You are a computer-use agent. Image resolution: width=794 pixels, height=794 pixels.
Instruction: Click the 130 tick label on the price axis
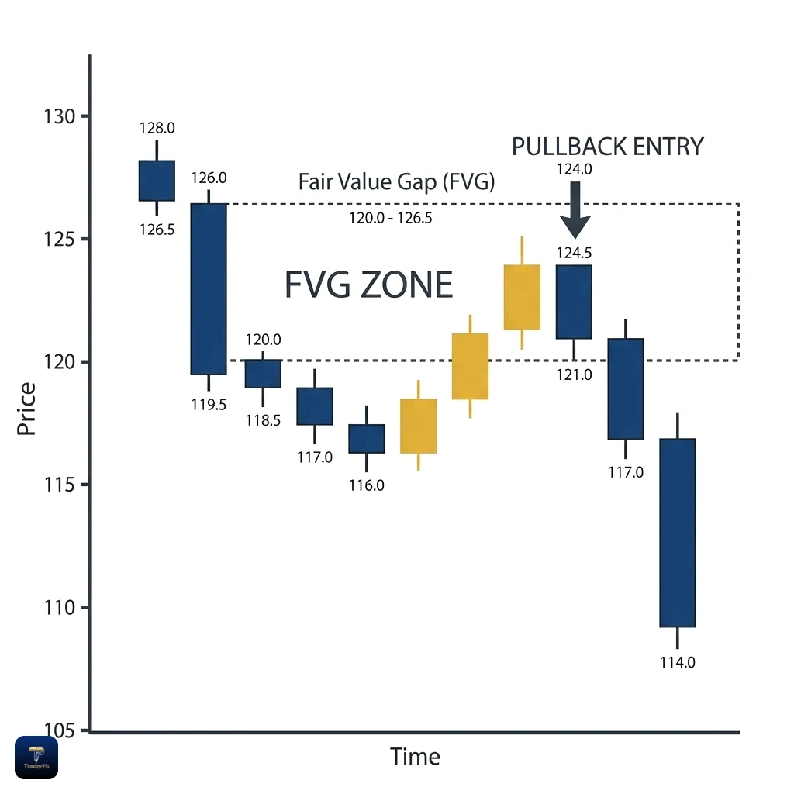tap(59, 116)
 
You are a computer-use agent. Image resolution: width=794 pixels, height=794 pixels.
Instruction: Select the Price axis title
tap(26, 409)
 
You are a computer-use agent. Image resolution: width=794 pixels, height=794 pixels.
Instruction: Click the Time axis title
tap(415, 757)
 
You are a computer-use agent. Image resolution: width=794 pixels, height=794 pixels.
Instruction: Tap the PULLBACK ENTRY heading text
tap(608, 147)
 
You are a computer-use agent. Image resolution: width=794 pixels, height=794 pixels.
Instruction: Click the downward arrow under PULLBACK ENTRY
tap(575, 210)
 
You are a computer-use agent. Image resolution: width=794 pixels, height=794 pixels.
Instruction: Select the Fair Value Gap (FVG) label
tap(396, 181)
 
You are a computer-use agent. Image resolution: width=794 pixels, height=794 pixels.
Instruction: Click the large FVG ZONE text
tap(368, 285)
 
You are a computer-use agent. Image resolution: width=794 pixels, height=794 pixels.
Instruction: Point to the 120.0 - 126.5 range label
tap(391, 218)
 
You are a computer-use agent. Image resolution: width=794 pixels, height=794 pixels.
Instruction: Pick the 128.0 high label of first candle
tap(157, 128)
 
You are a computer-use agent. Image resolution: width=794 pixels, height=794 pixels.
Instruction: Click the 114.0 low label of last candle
tap(678, 662)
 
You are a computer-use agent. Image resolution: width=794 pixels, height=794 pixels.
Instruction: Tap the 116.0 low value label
tap(367, 485)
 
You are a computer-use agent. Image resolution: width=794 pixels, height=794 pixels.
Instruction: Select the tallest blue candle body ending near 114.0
tap(678, 533)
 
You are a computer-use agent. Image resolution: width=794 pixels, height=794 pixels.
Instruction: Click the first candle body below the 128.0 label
tap(157, 181)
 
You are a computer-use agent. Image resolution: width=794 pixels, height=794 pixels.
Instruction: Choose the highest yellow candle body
tap(522, 297)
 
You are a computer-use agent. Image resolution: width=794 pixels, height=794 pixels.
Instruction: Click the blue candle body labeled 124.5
tap(575, 302)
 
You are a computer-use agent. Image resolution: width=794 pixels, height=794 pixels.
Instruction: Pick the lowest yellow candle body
tap(418, 426)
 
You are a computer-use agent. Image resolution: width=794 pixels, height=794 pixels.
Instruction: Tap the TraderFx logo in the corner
tap(36, 758)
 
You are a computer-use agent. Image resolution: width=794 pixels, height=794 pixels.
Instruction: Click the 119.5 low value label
tap(209, 405)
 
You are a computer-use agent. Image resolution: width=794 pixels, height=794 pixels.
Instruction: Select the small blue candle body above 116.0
tap(367, 439)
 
